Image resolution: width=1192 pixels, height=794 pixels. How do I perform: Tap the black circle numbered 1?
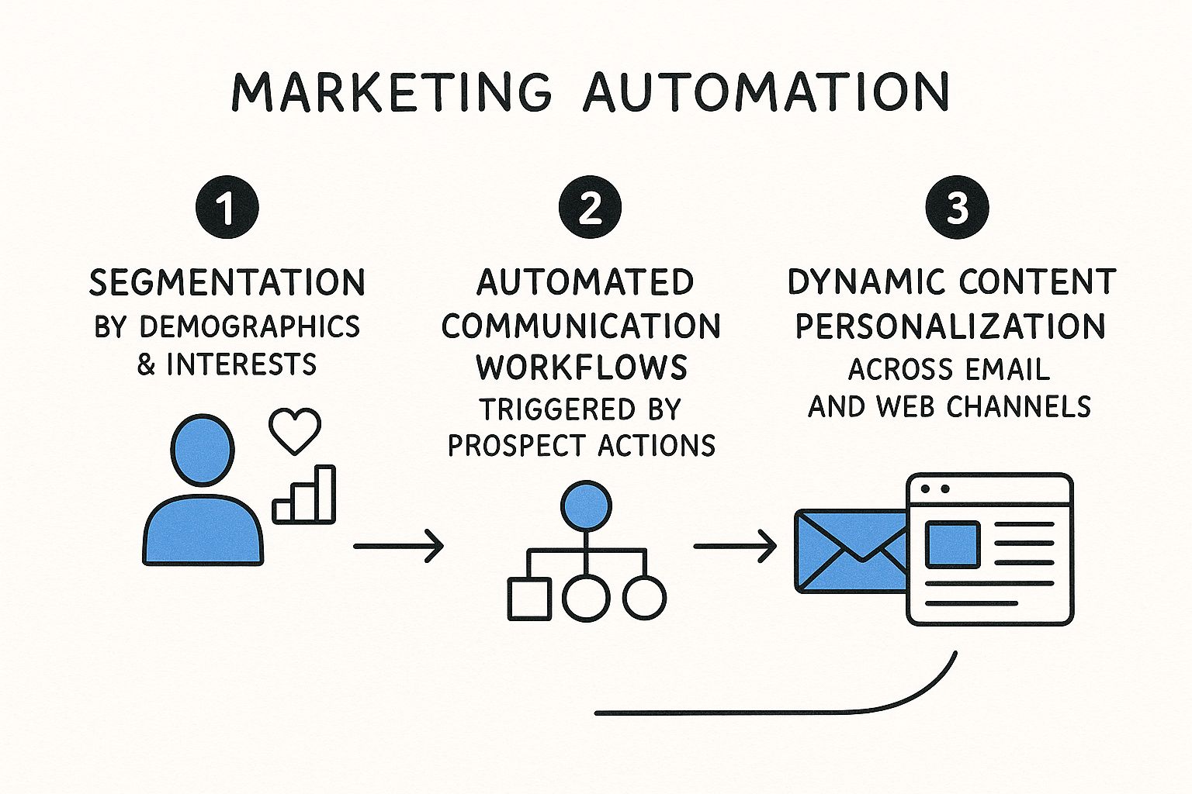[227, 207]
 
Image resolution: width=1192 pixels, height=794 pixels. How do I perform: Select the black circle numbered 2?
[590, 207]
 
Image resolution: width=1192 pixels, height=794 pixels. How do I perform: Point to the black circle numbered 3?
[958, 207]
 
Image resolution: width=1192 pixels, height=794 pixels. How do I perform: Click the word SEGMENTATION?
[227, 282]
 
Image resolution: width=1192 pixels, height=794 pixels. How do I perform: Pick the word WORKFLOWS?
[581, 367]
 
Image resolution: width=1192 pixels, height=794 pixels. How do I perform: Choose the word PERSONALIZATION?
[951, 326]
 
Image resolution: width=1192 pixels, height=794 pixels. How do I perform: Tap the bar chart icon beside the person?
[304, 495]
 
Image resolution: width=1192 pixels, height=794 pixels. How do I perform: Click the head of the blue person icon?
[203, 450]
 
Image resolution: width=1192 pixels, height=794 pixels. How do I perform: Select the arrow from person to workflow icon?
[399, 546]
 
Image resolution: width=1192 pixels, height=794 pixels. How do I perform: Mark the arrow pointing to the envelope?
[735, 546]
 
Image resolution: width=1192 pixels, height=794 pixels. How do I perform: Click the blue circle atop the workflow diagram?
[586, 506]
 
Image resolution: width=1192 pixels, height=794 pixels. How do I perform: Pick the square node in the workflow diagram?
[529, 599]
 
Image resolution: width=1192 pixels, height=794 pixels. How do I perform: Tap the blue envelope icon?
[851, 551]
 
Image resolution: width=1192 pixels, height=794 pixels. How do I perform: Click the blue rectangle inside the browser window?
[952, 544]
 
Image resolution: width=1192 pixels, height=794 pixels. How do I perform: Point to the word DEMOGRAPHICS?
[250, 326]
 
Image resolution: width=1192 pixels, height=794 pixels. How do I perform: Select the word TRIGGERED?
[557, 409]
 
